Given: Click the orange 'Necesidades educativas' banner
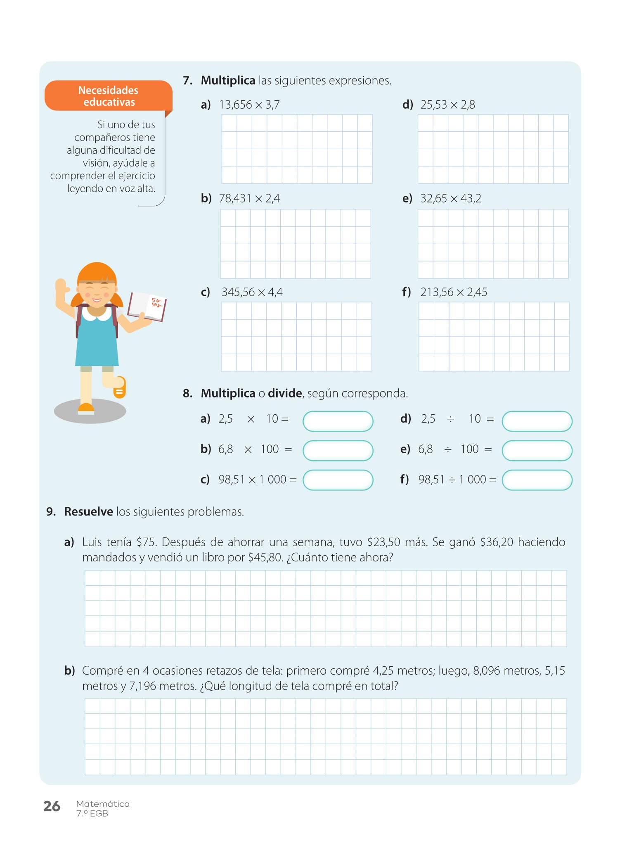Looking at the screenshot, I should pos(108,96).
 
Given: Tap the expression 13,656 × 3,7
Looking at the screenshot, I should pos(249,105).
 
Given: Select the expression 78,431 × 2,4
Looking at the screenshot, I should pos(249,199).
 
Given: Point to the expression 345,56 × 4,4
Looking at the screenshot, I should pos(252,292).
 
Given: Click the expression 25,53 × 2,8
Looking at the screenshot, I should pos(447,105).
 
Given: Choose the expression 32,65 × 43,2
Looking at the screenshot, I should pos(451,199).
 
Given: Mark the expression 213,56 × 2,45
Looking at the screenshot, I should pos(454,292).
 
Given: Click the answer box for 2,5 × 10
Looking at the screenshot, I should pos(338,421).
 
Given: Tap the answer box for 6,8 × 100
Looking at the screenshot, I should pos(338,451).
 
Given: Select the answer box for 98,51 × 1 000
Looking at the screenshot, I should pos(338,480).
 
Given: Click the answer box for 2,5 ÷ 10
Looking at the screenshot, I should pos(537,421).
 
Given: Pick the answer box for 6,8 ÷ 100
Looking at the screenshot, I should pos(537,451).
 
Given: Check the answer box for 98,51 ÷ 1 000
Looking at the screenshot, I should pos(537,480).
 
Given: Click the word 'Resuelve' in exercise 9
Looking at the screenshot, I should pos(88,512).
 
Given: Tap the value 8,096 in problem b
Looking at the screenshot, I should pos(487,671).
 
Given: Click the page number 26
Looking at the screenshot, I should pos(52,806).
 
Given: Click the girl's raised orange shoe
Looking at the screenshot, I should pos(120,388).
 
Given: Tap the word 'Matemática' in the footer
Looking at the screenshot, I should pos(103,804).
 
